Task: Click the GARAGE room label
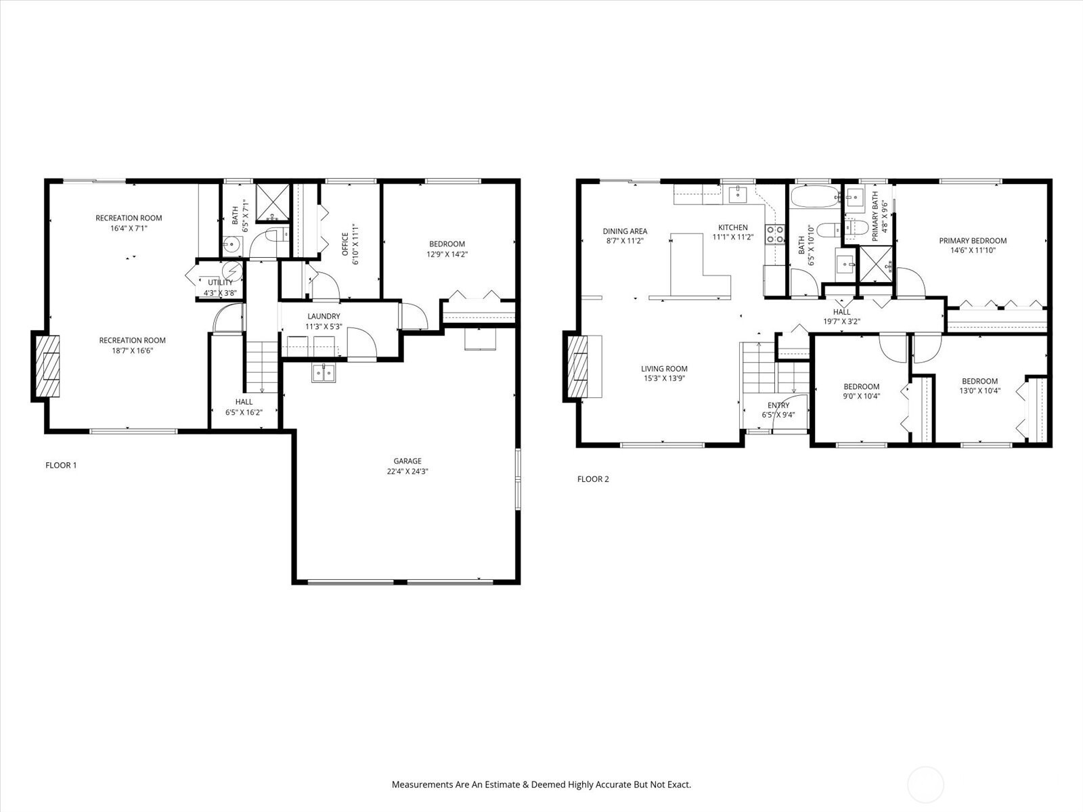pos(407,461)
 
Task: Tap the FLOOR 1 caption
pos(61,465)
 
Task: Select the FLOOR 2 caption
pos(593,478)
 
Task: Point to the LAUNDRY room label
pos(324,316)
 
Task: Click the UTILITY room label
pos(220,282)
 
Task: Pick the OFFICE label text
pos(345,244)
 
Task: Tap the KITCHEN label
pos(732,227)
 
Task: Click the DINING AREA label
pos(625,231)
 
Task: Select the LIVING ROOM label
pos(664,368)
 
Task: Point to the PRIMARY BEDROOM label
pos(973,241)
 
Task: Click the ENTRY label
pos(778,405)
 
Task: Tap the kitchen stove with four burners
pos(775,233)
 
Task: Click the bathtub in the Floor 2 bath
pos(815,197)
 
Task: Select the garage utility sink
pos(324,373)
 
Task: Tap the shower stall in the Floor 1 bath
pos(272,202)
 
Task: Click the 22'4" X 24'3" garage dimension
pos(407,472)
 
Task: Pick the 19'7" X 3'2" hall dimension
pos(842,321)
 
